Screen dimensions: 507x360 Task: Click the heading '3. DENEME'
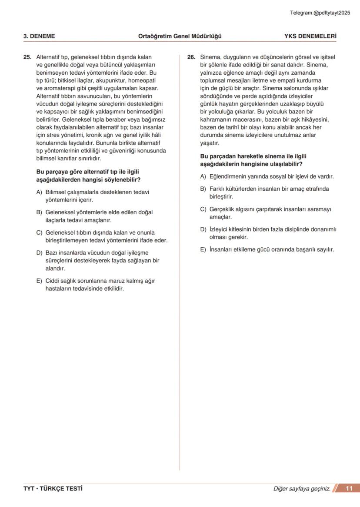39,36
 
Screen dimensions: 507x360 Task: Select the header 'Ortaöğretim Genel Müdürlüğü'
180,36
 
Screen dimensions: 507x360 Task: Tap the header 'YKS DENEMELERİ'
310,36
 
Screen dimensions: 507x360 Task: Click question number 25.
27,57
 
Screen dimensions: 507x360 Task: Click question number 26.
191,57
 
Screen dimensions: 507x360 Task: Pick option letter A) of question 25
39,192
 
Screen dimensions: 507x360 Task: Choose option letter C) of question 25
39,232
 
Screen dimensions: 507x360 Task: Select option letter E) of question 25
39,281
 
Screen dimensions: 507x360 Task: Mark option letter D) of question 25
39,253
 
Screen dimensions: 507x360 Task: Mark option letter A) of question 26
203,176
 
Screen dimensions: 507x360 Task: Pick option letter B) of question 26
203,189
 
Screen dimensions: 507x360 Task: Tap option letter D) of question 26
203,229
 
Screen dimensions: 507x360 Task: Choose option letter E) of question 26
203,249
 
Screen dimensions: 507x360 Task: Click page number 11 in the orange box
349,488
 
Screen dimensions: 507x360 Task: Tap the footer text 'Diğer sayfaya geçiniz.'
302,489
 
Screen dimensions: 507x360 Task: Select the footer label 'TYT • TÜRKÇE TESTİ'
53,489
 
